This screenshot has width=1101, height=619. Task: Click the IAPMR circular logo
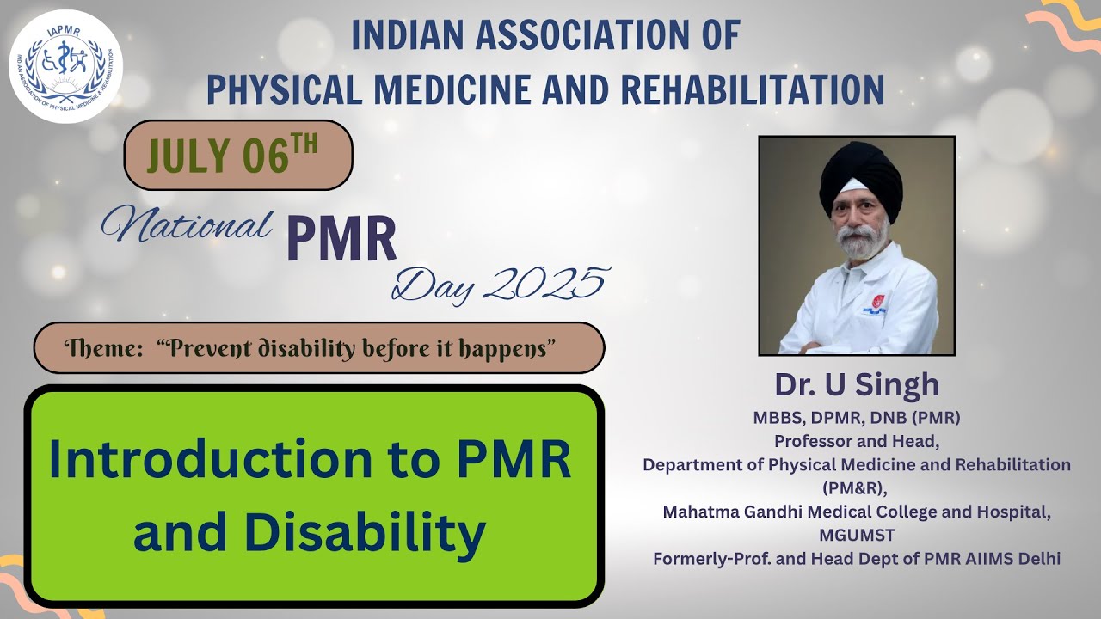[66, 66]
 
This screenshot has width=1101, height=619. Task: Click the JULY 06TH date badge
[238, 156]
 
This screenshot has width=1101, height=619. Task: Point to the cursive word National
[187, 224]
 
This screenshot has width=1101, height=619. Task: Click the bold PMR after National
[341, 239]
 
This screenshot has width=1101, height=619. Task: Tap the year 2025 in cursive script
[546, 284]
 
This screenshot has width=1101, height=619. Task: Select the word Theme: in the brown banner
[103, 348]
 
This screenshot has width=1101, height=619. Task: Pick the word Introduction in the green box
[211, 459]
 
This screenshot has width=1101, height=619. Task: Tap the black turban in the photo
[861, 176]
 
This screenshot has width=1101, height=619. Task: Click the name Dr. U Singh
[857, 384]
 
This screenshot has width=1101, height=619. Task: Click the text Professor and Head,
[857, 441]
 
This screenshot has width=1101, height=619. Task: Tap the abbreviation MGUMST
[857, 535]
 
